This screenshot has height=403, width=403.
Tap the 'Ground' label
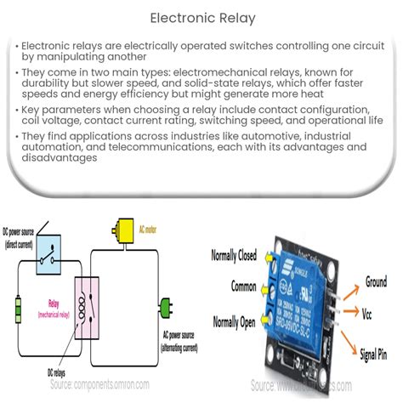pos(376,281)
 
